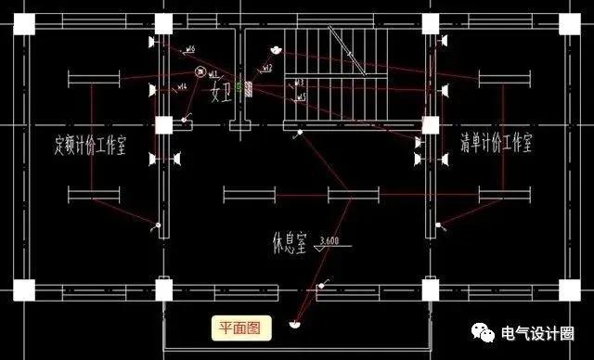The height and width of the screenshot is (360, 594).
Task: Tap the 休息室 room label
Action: click(x=290, y=245)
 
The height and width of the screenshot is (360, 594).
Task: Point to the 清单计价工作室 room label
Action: click(x=497, y=143)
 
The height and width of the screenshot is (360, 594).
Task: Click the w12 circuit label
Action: click(x=267, y=68)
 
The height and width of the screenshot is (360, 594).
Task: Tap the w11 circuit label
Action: click(x=213, y=73)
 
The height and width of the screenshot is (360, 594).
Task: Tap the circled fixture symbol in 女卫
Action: click(x=199, y=72)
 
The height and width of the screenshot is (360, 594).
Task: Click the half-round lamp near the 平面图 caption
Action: click(x=293, y=324)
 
